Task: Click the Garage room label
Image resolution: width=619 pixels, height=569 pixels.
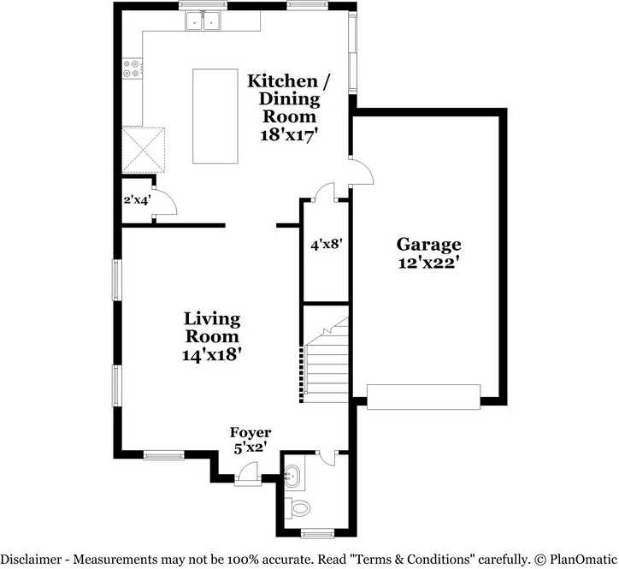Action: [428, 245]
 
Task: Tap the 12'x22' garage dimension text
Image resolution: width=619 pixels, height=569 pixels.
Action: [428, 264]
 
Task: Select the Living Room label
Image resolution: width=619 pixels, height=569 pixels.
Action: [212, 327]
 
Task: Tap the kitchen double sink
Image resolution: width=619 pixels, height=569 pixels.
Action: [203, 21]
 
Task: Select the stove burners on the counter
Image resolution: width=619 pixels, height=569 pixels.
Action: [132, 68]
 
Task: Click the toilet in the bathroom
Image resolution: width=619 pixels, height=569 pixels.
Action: [300, 507]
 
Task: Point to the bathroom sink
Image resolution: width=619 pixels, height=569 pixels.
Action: [292, 474]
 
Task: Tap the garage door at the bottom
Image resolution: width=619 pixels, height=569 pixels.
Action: [422, 397]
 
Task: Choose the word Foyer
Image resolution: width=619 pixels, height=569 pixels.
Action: [251, 433]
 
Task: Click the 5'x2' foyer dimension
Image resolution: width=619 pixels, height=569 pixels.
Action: [251, 446]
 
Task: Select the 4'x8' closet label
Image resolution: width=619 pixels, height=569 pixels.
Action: [326, 245]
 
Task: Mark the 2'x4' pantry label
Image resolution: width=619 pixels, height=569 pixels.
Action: [137, 200]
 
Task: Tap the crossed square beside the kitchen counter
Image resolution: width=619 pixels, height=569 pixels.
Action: [142, 149]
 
